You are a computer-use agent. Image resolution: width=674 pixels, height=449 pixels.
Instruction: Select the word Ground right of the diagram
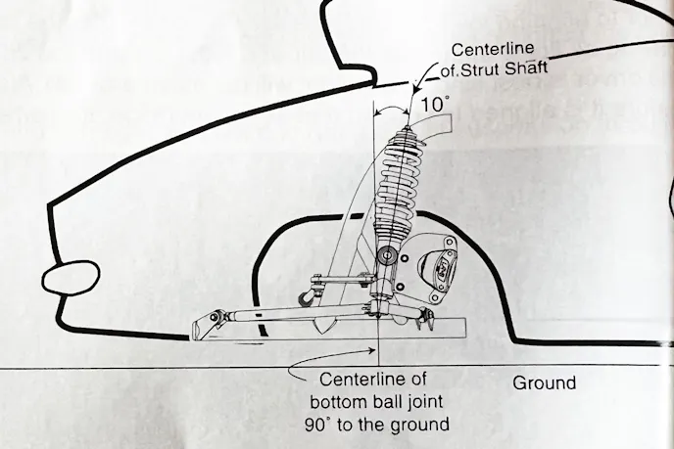pos(544,383)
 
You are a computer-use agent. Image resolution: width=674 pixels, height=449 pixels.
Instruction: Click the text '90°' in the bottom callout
pos(317,424)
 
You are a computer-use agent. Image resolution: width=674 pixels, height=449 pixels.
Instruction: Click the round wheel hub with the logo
pos(439,263)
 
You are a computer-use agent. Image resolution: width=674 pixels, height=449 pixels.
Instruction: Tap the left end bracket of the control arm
pos(205,324)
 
